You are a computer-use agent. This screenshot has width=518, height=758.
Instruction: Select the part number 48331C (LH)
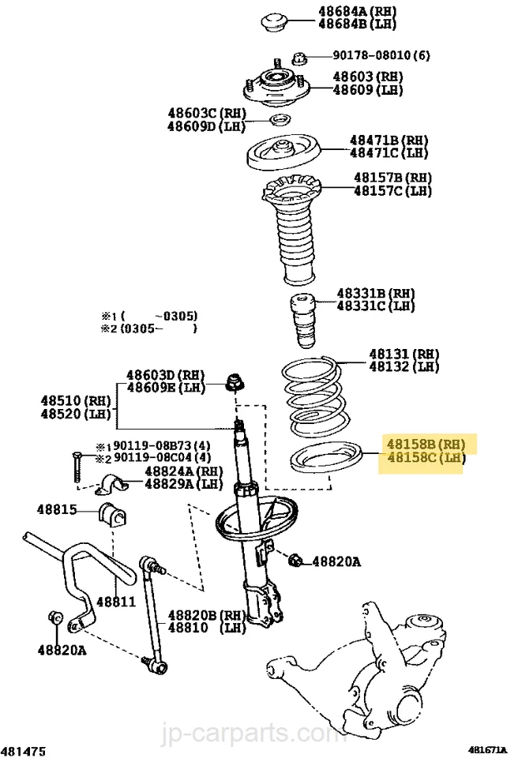click(375, 305)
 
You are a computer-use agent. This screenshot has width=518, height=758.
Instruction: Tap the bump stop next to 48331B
click(304, 320)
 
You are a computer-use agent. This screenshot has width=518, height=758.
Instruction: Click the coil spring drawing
click(313, 395)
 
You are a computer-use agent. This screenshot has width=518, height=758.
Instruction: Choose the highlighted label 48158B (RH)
click(425, 444)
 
